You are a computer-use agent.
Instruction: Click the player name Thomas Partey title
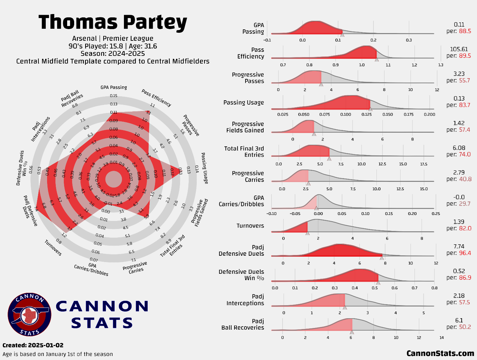[x=113, y=22]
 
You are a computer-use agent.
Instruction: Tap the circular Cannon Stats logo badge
[x=29, y=315]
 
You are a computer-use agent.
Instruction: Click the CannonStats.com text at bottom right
[x=440, y=353]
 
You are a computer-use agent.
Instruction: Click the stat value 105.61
[x=459, y=49]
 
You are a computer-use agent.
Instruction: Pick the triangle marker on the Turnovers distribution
[x=307, y=233]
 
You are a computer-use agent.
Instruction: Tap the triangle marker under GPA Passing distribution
[x=342, y=35]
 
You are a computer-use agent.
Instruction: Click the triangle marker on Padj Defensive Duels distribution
[x=382, y=258]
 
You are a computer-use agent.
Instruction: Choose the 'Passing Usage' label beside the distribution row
[x=244, y=103]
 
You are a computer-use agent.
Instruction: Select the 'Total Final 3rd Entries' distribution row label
[x=244, y=152]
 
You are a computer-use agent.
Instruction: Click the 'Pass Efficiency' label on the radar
[x=156, y=98]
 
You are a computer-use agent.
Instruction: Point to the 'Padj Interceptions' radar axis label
[x=40, y=129]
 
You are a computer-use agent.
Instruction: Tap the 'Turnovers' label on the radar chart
[x=53, y=248]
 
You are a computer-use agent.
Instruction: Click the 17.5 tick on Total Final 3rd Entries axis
[x=424, y=164]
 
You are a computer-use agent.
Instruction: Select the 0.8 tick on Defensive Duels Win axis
[x=434, y=288]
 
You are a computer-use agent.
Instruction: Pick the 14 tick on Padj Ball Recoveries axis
[x=442, y=338]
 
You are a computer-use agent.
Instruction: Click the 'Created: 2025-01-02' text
[x=33, y=345]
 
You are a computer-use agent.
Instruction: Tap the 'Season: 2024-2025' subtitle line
[x=113, y=53]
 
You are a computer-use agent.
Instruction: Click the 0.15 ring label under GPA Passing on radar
[x=114, y=96]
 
